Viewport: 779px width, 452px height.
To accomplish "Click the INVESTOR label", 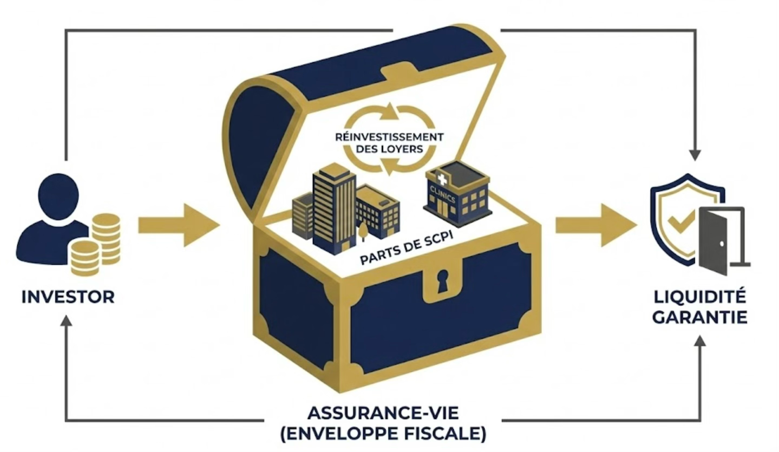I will [68, 297].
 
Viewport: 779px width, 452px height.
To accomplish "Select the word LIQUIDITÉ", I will [699, 297].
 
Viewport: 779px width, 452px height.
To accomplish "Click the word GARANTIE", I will [699, 317].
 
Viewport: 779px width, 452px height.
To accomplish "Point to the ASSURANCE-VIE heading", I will [383, 414].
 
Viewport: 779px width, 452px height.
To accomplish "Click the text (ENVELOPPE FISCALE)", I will [383, 434].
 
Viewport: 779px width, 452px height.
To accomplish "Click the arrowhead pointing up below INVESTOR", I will [66, 321].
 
